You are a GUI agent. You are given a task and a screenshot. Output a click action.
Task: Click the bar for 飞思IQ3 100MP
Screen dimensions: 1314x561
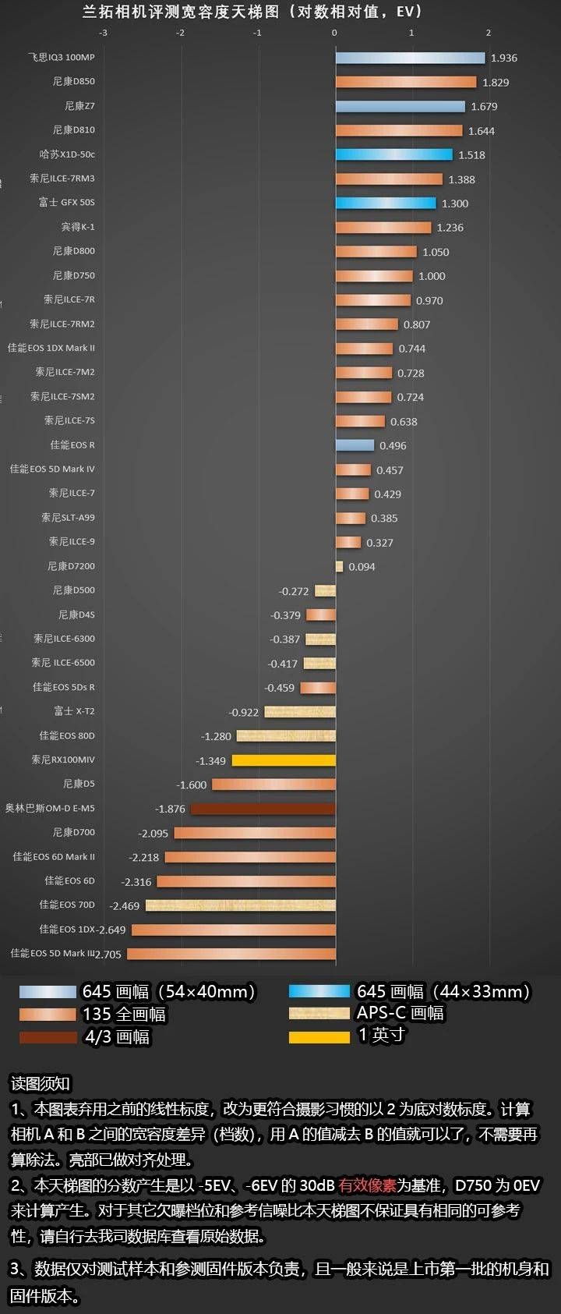[410, 58]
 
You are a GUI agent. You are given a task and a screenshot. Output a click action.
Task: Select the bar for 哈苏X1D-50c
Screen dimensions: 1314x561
[393, 154]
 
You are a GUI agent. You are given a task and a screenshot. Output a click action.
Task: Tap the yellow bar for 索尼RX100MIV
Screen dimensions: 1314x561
[284, 760]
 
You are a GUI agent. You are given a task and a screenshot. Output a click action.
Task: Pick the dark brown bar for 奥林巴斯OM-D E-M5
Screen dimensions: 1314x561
[263, 809]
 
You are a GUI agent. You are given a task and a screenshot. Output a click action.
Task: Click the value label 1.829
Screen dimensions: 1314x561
[496, 83]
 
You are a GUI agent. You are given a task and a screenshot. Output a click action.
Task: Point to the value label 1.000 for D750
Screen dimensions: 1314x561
[432, 276]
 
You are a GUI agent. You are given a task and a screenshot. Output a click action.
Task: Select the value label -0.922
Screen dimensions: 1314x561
[244, 712]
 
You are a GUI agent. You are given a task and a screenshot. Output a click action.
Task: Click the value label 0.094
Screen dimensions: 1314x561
[362, 567]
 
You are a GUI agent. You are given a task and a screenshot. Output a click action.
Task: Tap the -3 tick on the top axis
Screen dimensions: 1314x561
[104, 33]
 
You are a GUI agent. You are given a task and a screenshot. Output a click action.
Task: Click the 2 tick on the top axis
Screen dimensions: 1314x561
[489, 33]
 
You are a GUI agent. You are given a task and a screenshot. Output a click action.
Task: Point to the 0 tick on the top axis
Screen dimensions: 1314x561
[335, 33]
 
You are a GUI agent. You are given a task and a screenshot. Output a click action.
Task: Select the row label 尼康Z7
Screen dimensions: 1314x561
[79, 106]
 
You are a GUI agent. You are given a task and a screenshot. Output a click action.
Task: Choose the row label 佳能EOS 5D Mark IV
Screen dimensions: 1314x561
[52, 469]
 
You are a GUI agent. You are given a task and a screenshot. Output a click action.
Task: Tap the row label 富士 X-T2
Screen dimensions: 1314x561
[74, 711]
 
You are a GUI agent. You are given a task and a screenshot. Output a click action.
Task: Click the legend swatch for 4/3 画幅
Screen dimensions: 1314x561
[49, 1037]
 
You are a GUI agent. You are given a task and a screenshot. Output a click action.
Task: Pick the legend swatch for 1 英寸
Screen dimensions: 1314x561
[319, 1036]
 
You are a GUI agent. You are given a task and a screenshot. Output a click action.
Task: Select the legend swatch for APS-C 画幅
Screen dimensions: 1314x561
[319, 1013]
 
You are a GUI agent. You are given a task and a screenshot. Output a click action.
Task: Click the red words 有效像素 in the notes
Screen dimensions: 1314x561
[367, 1185]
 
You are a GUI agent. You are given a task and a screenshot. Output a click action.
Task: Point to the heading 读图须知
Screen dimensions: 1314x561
[40, 1083]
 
